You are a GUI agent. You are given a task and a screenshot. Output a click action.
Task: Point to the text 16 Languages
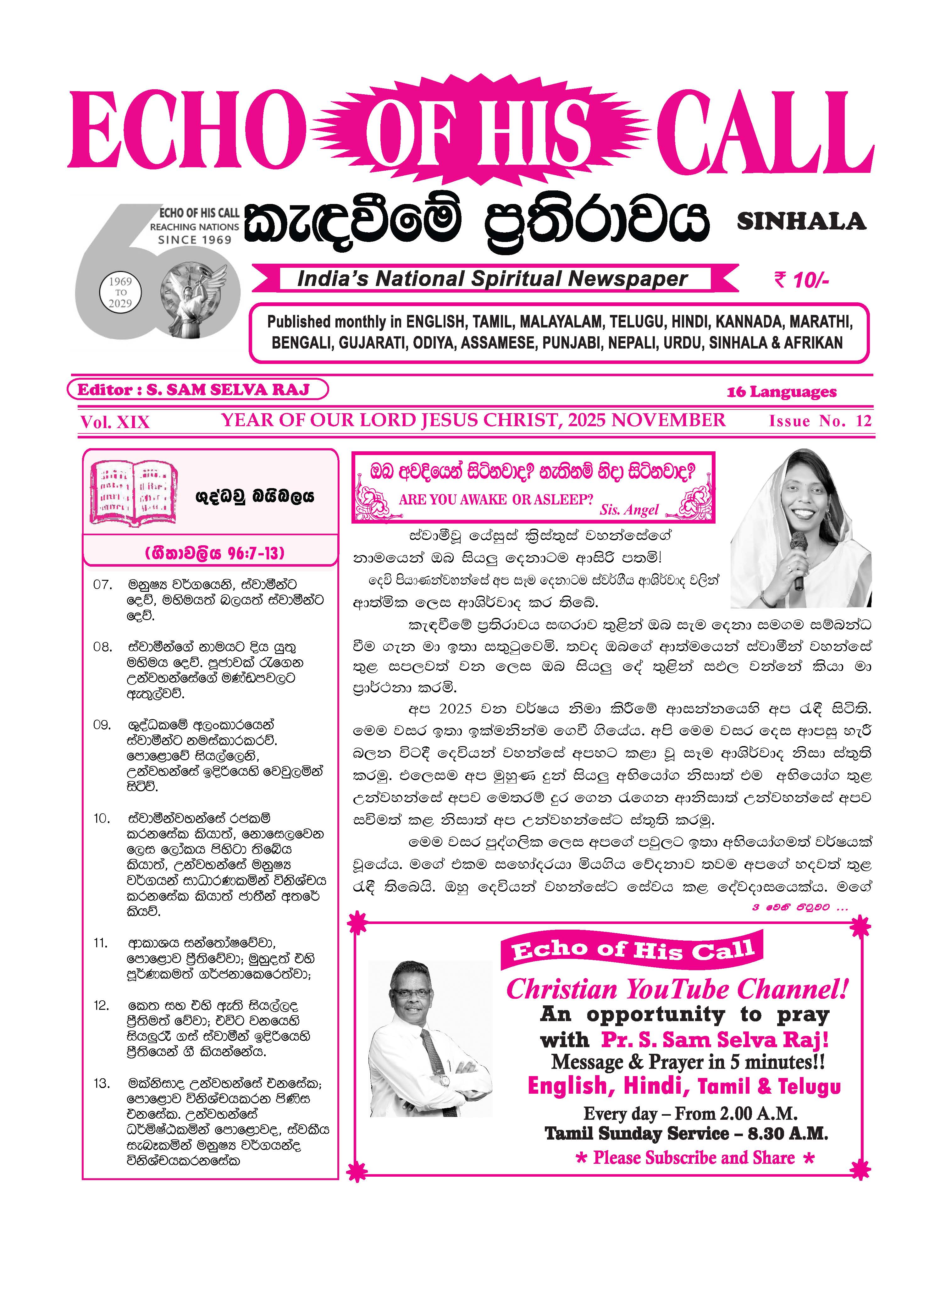coord(782,392)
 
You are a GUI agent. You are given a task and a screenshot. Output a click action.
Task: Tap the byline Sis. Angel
coord(629,510)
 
